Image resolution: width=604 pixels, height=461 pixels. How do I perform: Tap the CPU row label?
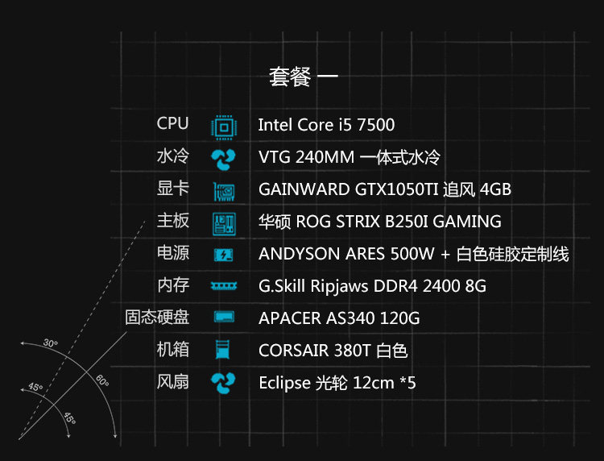(172, 123)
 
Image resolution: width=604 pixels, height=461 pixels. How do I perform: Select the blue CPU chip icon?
(223, 126)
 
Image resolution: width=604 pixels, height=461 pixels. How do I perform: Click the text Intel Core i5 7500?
(326, 125)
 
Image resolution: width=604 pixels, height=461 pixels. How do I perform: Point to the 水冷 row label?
(172, 156)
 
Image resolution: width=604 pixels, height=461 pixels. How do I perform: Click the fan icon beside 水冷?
(223, 158)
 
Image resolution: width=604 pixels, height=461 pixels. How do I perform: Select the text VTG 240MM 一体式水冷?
(349, 157)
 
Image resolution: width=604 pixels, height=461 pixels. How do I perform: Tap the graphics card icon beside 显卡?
(223, 191)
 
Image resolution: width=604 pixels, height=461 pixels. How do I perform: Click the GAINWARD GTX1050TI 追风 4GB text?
(385, 189)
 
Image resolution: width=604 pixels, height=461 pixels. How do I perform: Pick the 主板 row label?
(172, 220)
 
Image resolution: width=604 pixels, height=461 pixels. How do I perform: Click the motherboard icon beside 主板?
(223, 223)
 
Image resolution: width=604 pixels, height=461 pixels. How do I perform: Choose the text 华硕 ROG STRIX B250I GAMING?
(379, 222)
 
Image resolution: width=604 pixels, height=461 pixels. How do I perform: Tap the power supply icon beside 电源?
(223, 255)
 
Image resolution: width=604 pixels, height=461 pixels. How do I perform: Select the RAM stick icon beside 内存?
(223, 286)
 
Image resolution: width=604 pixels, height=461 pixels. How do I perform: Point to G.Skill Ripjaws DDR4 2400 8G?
(372, 286)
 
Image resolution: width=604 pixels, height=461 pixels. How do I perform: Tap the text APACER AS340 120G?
(339, 318)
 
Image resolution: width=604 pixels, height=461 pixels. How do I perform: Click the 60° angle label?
(101, 380)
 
